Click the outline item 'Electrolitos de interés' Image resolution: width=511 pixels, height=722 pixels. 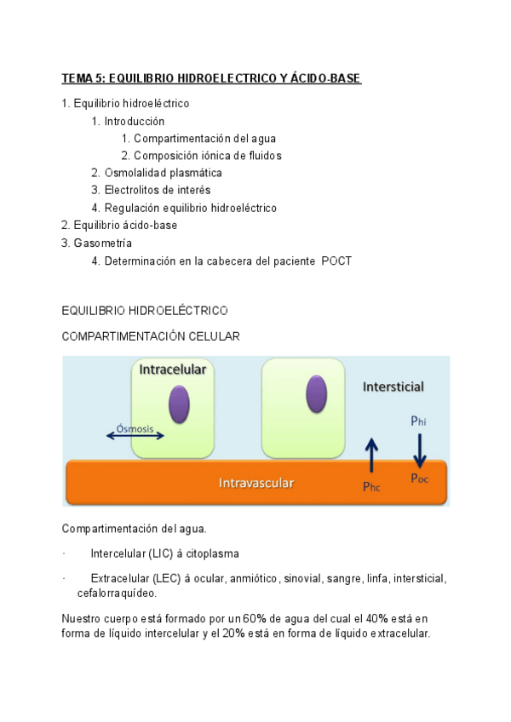157,190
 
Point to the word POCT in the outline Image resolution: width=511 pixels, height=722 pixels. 336,261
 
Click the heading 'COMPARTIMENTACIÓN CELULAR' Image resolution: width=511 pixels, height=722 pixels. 151,336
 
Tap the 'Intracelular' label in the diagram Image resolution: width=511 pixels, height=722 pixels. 173,370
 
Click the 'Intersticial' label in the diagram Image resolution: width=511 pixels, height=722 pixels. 393,387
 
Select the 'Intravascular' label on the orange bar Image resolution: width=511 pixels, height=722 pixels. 256,483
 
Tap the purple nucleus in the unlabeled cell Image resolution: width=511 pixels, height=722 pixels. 315,393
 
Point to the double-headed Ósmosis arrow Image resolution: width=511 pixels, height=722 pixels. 135,437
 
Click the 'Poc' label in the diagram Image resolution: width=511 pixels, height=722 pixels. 419,478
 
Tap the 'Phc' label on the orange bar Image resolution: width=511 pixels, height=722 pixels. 371,487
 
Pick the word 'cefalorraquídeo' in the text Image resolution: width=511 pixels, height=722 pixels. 116,593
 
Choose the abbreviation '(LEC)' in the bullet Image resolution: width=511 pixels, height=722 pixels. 162,579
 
